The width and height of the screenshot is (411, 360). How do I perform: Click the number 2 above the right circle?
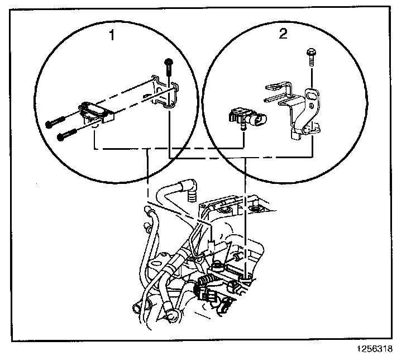coord(283,34)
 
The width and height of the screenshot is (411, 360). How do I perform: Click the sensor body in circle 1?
coord(96,111)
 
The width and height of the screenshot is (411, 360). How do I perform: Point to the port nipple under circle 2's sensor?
coord(242,127)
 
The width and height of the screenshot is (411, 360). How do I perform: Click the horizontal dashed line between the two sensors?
coord(168,149)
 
